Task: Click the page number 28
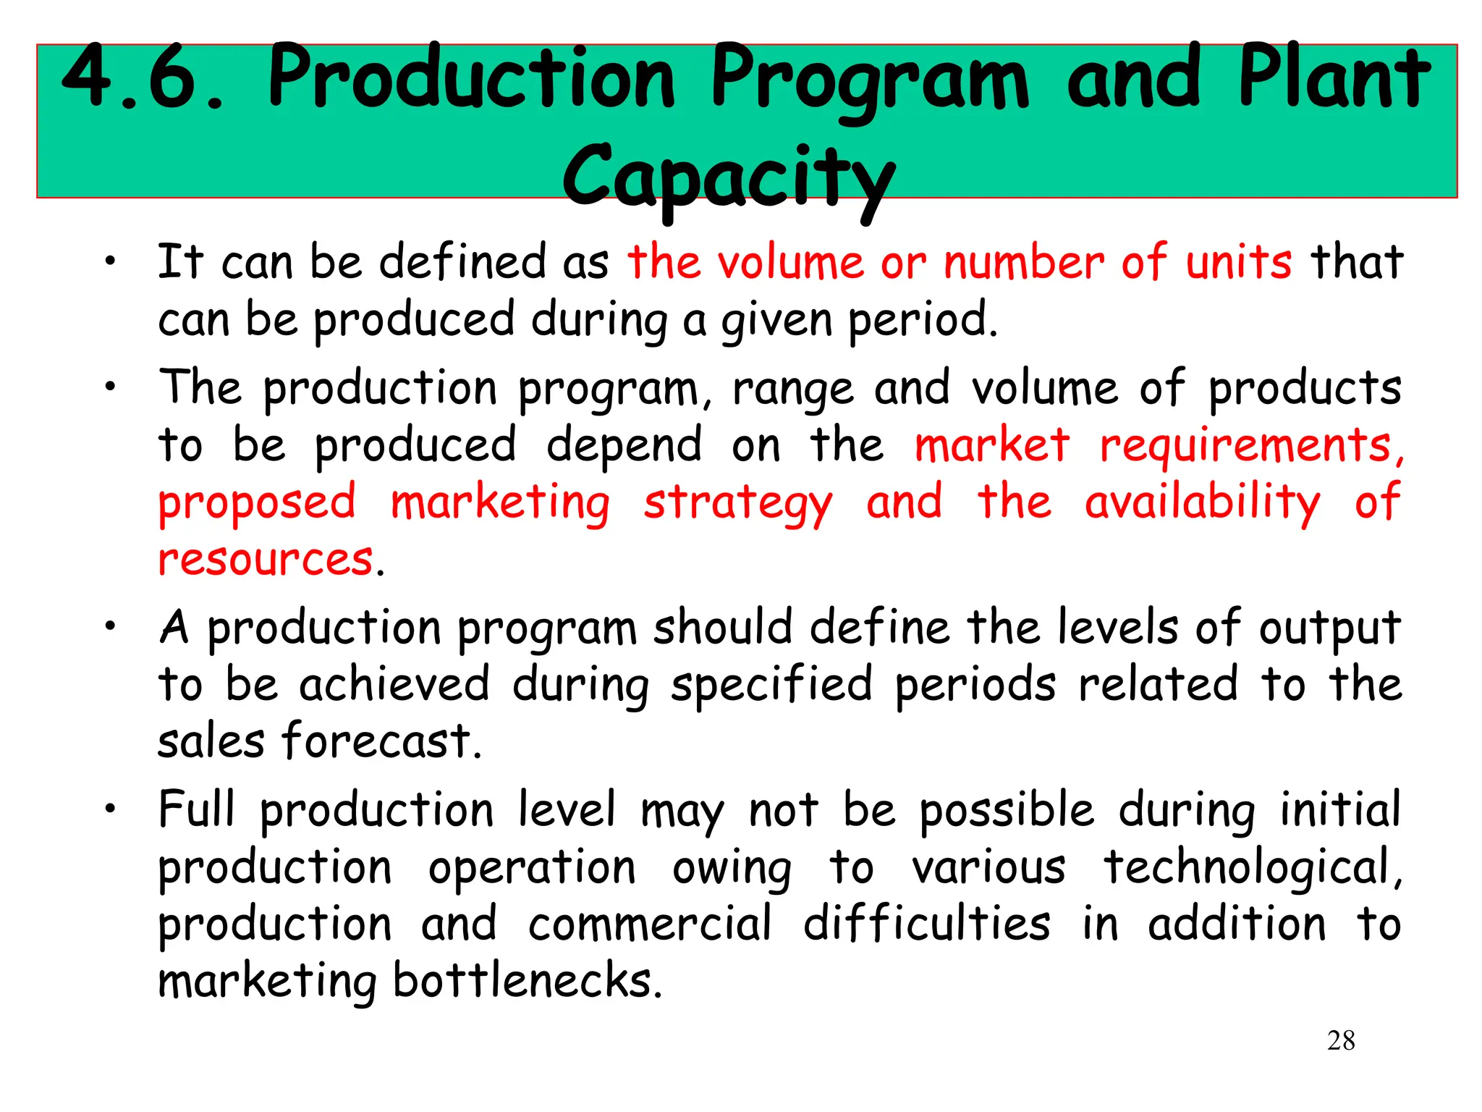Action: click(1341, 1040)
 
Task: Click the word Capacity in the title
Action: click(729, 177)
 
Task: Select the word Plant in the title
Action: click(1334, 77)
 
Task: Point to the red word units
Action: click(1238, 262)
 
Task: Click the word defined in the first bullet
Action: click(462, 262)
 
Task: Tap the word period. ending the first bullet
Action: click(923, 320)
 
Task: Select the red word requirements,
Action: click(1252, 445)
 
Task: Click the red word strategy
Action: click(738, 503)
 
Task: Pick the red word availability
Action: click(1203, 503)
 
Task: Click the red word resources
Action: click(266, 560)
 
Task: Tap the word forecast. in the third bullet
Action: click(381, 741)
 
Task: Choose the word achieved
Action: click(394, 684)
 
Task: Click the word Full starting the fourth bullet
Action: click(197, 809)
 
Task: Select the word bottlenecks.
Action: click(528, 981)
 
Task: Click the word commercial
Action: click(650, 924)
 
